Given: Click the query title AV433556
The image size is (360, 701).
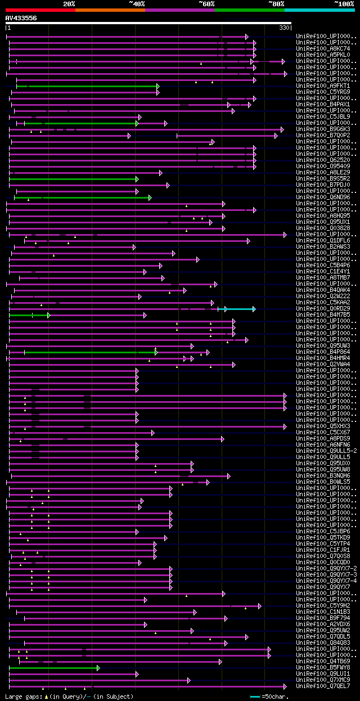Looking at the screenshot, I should tap(21, 18).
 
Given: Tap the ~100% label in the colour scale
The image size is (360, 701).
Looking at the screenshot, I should tap(344, 4).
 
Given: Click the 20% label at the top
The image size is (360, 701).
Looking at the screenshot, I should tap(69, 4).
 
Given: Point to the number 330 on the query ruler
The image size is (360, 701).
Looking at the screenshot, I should tap(284, 28).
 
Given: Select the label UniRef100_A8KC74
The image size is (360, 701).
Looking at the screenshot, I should tap(323, 48).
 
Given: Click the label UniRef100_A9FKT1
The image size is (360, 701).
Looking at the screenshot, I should tap(323, 86).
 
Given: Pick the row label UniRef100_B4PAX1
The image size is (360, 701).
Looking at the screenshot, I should tap(323, 104).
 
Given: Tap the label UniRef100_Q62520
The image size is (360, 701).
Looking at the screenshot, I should tap(323, 160).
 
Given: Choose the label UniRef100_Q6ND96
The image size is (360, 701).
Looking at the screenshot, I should tap(323, 197).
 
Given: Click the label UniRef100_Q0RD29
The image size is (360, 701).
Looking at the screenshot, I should tap(323, 308).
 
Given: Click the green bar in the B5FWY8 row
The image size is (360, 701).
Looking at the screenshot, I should tap(53, 668).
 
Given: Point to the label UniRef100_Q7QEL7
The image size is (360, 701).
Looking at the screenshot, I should tap(323, 686).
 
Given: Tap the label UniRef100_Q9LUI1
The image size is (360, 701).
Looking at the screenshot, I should tap(323, 673).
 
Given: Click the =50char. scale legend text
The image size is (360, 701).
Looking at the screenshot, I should tap(275, 696).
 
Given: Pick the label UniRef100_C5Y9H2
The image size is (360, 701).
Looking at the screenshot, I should tap(323, 605).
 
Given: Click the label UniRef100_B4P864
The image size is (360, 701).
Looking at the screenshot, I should tap(323, 352).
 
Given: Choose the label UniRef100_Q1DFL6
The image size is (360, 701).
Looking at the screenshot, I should tap(323, 240).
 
